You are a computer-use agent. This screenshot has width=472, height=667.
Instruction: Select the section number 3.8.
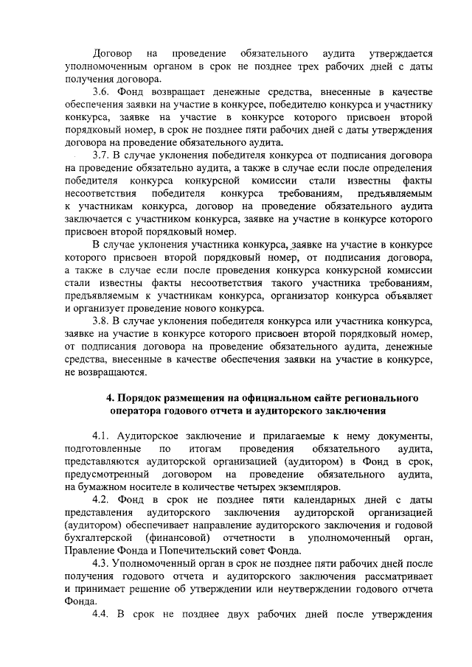tap(101, 322)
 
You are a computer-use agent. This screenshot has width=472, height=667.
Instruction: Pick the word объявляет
tap(408, 296)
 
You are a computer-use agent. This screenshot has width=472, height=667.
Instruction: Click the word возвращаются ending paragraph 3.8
tap(111, 372)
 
